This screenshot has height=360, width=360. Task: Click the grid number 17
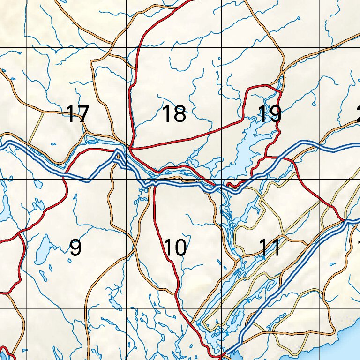pyautogui.click(x=77, y=114)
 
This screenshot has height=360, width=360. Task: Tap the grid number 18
pyautogui.click(x=174, y=114)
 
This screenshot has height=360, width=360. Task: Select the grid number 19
pyautogui.click(x=270, y=114)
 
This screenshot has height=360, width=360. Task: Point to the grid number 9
pyautogui.click(x=75, y=247)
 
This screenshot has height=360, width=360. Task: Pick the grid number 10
pyautogui.click(x=176, y=247)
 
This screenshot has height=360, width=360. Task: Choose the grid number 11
pyautogui.click(x=270, y=247)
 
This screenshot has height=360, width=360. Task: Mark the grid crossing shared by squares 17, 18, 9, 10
pyautogui.click(x=126, y=179)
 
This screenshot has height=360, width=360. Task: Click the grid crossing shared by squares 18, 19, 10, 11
pyautogui.click(x=221, y=179)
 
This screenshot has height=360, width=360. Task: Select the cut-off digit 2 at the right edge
pyautogui.click(x=358, y=114)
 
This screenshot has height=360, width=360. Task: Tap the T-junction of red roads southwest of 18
pyautogui.click(x=130, y=149)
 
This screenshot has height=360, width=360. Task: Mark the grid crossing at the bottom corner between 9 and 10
pyautogui.click(x=126, y=308)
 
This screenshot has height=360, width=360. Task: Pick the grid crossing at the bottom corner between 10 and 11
pyautogui.click(x=221, y=308)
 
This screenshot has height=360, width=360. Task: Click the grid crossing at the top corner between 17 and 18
pyautogui.click(x=126, y=47)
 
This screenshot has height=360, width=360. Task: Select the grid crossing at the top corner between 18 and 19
pyautogui.click(x=221, y=47)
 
